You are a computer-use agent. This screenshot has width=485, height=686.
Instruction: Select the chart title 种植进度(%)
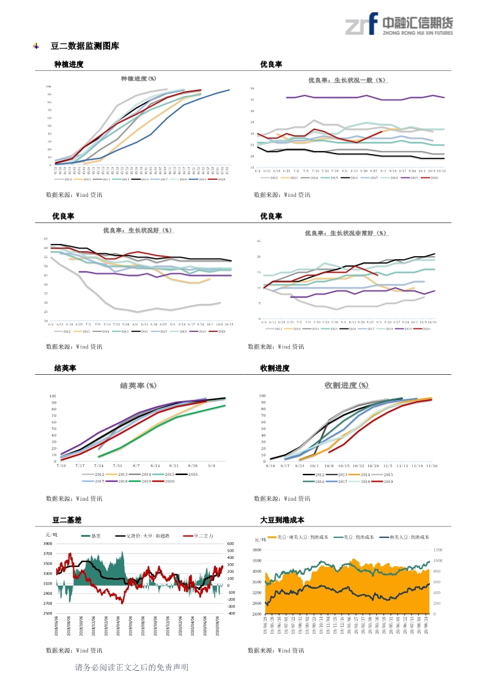pyautogui.click(x=138, y=79)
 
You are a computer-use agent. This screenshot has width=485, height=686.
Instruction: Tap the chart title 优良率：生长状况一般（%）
pyautogui.click(x=347, y=80)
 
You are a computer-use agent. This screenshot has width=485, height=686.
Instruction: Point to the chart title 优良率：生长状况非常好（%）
pyautogui.click(x=346, y=233)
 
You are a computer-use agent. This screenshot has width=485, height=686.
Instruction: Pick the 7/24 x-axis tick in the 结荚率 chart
pyautogui.click(x=98, y=465)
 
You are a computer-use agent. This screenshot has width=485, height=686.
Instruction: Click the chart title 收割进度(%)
pyautogui.click(x=346, y=385)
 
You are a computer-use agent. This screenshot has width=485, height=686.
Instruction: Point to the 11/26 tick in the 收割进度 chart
pyautogui.click(x=431, y=465)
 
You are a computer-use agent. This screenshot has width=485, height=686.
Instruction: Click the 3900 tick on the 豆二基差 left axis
pyautogui.click(x=48, y=544)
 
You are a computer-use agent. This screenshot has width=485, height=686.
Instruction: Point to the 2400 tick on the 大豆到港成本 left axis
pyautogui.click(x=257, y=613)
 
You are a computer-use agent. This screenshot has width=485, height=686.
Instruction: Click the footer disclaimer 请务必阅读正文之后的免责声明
pyautogui.click(x=131, y=668)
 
